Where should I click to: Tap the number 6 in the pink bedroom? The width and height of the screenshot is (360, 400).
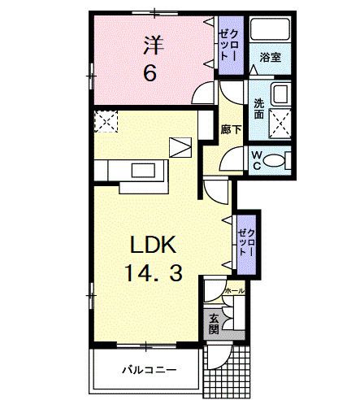coord(150,73)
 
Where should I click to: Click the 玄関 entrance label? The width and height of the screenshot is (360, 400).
coord(213,324)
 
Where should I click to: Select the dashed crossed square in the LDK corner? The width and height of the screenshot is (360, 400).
coord(106,122)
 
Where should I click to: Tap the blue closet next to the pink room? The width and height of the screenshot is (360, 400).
coord(228,47)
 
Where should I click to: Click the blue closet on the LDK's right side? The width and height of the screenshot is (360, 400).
coord(245,237)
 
